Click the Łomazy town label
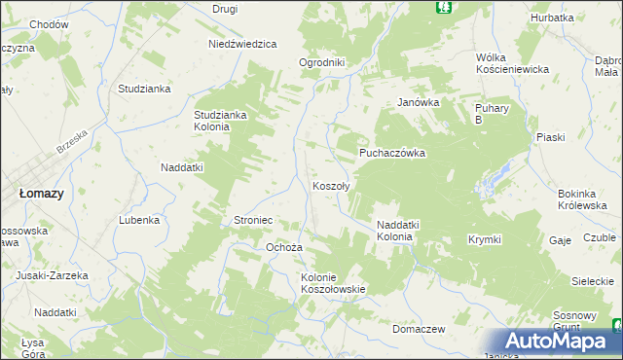tap(42, 194)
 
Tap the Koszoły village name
tap(331, 185)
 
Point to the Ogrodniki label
tap(322, 62)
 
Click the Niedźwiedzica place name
tap(243, 44)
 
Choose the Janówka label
tap(420, 102)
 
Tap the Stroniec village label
tap(252, 221)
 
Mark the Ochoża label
tap(284, 247)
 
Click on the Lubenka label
tap(139, 220)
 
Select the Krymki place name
tap(484, 239)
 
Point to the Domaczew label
tap(419, 329)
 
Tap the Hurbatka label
tap(552, 18)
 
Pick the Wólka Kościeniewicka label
tap(513, 63)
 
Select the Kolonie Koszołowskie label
tap(333, 282)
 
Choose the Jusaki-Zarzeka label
tap(52, 275)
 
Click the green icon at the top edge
tap(444, 7)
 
